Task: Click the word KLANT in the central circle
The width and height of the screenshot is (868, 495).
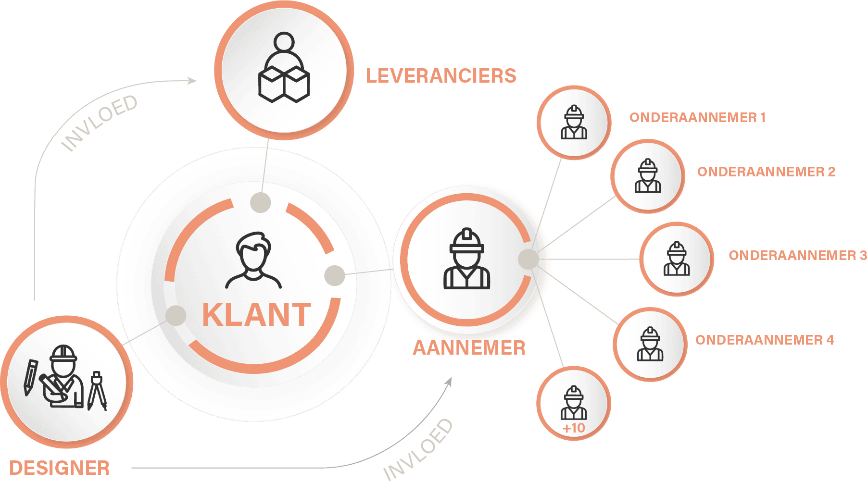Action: point(256,315)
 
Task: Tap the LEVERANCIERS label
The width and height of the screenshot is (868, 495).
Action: point(441,76)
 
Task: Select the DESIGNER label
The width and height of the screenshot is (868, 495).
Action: point(60,468)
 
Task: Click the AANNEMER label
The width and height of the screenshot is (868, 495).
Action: point(469,348)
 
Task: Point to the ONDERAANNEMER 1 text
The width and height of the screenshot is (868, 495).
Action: point(697,118)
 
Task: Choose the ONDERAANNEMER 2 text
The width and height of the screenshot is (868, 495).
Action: point(766,172)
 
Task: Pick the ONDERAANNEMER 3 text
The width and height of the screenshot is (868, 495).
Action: point(798,255)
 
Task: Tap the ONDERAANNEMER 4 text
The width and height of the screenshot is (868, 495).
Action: point(765,340)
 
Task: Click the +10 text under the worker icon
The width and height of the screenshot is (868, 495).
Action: point(574,428)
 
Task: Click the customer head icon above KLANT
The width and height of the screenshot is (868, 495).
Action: point(253,260)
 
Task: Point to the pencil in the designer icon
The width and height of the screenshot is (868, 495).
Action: point(30,377)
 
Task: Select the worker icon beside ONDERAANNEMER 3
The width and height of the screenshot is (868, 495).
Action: point(677,259)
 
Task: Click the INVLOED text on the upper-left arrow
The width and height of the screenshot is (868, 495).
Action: point(100,123)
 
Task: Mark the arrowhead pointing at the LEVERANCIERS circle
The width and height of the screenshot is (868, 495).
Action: point(192,80)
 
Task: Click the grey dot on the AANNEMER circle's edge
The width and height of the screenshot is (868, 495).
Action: point(528,259)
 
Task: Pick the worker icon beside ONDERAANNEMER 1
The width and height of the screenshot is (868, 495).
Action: point(574,123)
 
